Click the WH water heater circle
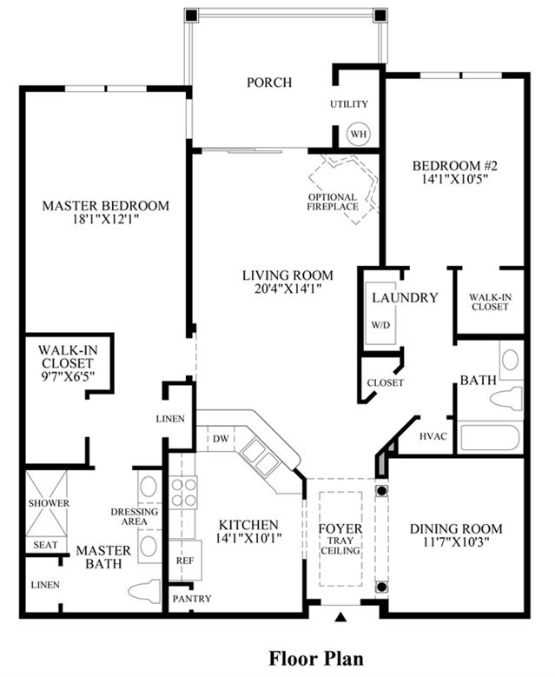(359, 134)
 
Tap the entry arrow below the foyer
(341, 617)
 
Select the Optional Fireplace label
(333, 202)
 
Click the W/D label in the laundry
(380, 325)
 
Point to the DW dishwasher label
(221, 439)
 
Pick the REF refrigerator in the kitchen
(185, 560)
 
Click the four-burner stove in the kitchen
(183, 493)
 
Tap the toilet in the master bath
(145, 591)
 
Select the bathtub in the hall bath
(490, 438)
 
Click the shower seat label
(45, 545)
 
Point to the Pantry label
(192, 599)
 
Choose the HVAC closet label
(433, 436)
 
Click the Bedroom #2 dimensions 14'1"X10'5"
(455, 179)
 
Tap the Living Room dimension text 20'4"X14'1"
(287, 289)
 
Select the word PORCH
(269, 82)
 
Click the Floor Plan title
(316, 659)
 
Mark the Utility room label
(348, 104)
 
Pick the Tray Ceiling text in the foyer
(340, 546)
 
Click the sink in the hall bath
(511, 360)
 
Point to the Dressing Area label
(135, 517)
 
